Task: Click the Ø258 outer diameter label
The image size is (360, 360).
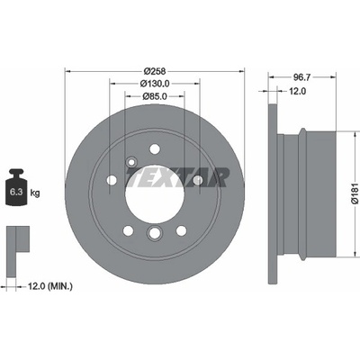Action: point(155,71)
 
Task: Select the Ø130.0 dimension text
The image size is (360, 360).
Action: point(155,84)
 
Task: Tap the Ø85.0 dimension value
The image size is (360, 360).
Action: point(155,96)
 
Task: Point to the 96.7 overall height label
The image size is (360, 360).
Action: point(301,77)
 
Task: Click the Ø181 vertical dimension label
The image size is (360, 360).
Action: point(355,193)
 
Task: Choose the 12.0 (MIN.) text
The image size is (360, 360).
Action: point(50,286)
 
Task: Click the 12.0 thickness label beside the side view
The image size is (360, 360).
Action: point(297,91)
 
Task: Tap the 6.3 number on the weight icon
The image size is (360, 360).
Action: point(16,193)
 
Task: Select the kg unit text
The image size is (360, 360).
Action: point(35,193)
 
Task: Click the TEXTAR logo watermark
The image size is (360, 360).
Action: point(177,177)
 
